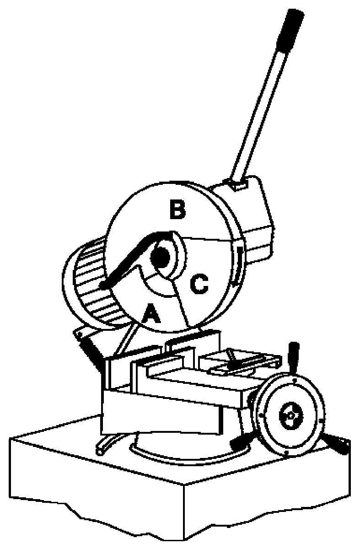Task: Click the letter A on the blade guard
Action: (x=151, y=315)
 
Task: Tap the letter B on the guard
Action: (x=177, y=210)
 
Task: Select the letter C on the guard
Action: (x=199, y=285)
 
